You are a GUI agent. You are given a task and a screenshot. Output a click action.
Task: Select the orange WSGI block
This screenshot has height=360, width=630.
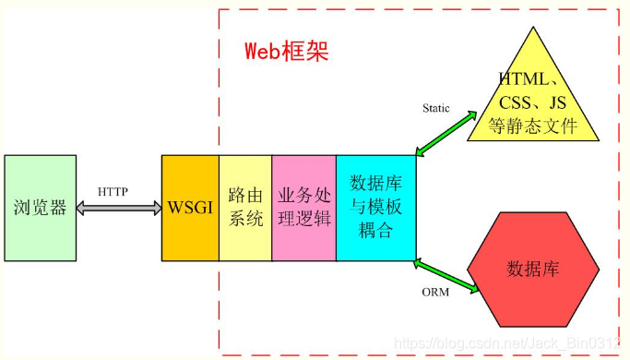[190, 207]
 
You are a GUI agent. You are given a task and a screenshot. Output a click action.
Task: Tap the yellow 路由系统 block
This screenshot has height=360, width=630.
[245, 207]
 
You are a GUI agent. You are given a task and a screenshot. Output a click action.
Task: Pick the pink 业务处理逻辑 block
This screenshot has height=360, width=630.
[303, 207]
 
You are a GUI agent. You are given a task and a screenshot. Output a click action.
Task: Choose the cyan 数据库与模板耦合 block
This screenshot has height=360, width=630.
[375, 207]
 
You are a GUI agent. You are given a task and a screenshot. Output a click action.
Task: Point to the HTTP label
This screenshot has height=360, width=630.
[113, 191]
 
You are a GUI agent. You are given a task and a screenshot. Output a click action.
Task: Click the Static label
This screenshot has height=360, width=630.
[436, 108]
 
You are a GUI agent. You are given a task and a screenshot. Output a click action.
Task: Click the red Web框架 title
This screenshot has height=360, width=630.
[286, 51]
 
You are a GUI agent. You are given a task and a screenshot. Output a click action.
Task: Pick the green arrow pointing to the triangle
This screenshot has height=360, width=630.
[445, 134]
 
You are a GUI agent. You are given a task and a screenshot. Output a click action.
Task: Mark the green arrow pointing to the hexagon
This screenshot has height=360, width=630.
[447, 277]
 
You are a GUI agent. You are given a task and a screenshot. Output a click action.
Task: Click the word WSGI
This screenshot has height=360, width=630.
[190, 207]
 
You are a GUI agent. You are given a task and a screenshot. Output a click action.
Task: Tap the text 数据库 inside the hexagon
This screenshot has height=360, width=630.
[533, 269]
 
